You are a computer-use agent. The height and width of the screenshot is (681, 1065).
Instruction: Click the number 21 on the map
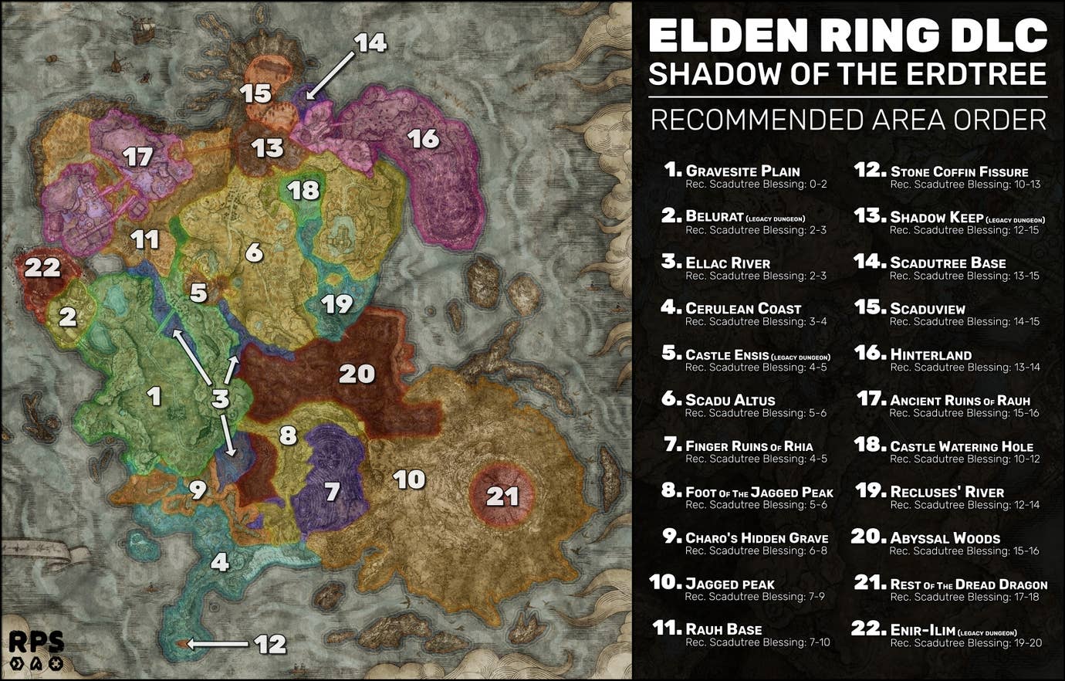pyautogui.click(x=502, y=496)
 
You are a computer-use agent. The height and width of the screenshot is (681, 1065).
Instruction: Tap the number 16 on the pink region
pyautogui.click(x=423, y=139)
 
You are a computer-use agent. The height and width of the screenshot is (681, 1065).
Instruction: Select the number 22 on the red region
pyautogui.click(x=42, y=268)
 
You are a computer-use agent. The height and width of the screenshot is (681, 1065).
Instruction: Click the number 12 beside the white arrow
pyautogui.click(x=270, y=644)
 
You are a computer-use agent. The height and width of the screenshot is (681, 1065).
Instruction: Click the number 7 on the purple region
pyautogui.click(x=332, y=492)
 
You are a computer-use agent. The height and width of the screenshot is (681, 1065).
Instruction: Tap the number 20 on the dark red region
pyautogui.click(x=357, y=374)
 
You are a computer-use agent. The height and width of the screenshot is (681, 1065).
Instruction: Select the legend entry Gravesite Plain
pyautogui.click(x=742, y=171)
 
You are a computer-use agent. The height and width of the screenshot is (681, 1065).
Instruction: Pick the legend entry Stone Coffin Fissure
pyautogui.click(x=958, y=172)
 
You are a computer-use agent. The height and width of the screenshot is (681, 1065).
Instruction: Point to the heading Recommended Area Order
pyautogui.click(x=847, y=120)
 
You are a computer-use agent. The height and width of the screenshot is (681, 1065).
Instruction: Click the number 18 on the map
pyautogui.click(x=304, y=190)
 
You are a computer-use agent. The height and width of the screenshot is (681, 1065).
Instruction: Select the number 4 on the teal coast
pyautogui.click(x=220, y=562)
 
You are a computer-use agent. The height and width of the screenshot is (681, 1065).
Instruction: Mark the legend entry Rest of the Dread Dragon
pyautogui.click(x=968, y=584)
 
